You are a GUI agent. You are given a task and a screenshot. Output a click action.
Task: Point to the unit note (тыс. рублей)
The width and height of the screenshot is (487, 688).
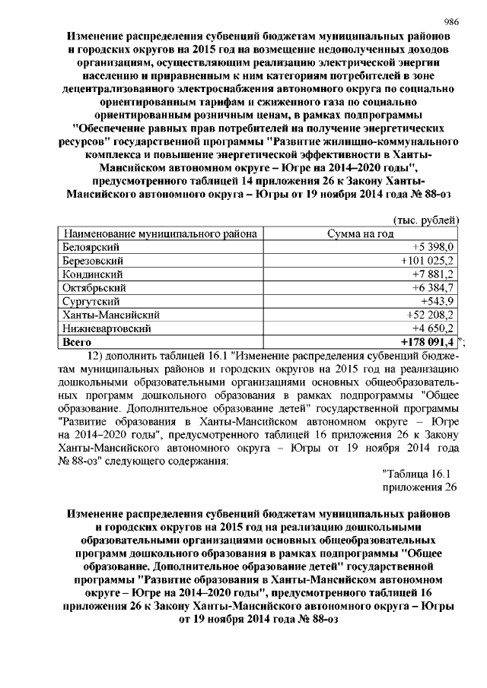click(x=428, y=220)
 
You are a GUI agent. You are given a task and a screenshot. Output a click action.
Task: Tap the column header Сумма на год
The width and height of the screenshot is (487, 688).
click(x=360, y=233)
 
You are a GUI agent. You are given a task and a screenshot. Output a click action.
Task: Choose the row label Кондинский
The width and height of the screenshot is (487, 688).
click(x=91, y=274)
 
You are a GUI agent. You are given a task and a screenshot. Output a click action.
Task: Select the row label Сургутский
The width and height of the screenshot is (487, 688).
click(x=90, y=301)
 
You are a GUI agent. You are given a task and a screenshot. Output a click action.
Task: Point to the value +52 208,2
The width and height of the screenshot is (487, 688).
click(x=429, y=315)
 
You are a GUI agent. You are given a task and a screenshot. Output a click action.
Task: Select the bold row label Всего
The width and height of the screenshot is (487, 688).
click(x=75, y=342)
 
